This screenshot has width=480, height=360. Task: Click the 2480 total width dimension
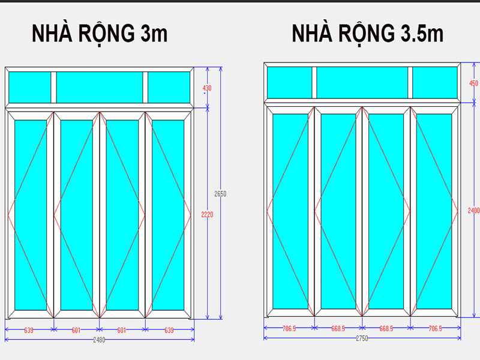point(99,340)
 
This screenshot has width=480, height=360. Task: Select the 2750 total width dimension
point(362,338)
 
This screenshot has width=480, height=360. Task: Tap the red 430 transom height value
point(207,88)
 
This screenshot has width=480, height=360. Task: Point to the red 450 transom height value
point(473,83)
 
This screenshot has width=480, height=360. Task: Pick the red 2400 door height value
point(473,210)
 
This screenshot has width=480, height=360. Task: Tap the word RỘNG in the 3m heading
point(101,34)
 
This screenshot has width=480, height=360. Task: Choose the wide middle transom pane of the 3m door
point(99,87)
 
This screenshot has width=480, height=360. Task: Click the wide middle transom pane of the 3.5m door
point(362,82)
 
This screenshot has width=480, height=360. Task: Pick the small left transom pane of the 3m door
point(30,87)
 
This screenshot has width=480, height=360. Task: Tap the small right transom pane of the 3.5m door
point(434,82)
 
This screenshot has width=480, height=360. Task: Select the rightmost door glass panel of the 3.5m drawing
point(434,212)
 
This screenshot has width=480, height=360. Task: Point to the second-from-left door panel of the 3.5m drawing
point(338,212)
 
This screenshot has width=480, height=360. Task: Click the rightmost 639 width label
point(170,329)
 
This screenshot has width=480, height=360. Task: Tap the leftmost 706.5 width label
point(289,328)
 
